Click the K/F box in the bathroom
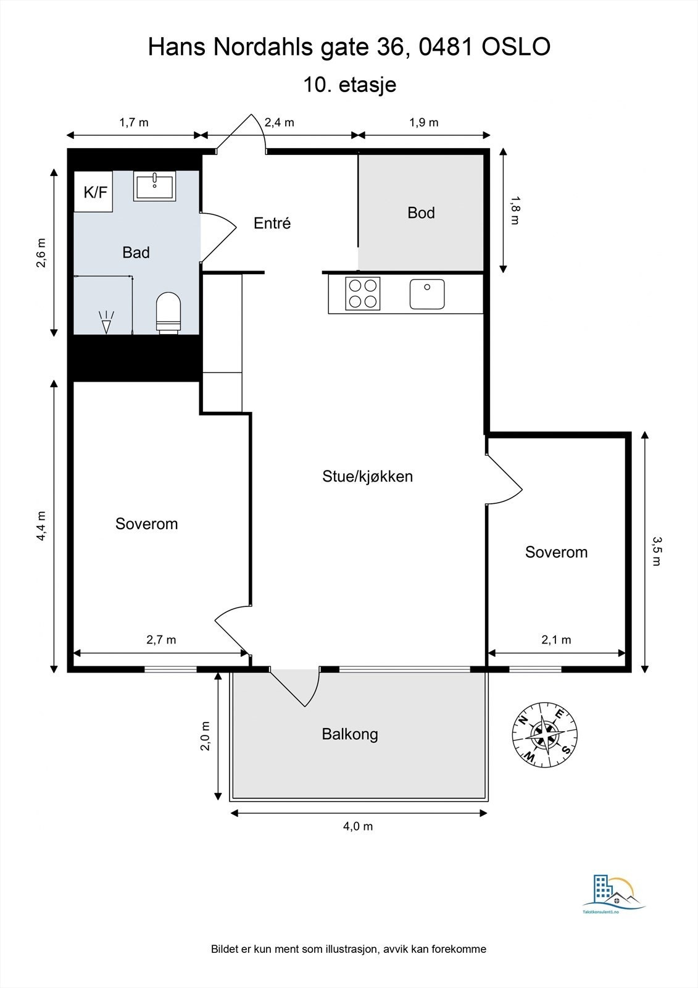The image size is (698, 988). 93,192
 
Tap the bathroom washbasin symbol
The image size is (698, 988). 155,186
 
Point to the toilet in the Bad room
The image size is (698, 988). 168,312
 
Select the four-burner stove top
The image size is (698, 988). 363,293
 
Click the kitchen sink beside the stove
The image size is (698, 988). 427,294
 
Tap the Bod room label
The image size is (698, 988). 421,212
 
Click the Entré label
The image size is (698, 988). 272,223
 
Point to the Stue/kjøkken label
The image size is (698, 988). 367,476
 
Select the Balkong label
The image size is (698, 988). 350,734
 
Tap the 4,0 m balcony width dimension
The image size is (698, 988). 358,826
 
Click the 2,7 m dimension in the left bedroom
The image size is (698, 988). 161,640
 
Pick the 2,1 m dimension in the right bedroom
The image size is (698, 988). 556,640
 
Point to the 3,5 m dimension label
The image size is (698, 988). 657,551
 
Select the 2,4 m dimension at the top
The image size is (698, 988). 279,122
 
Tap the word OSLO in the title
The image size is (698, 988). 516,47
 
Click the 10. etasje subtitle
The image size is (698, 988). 350,84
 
